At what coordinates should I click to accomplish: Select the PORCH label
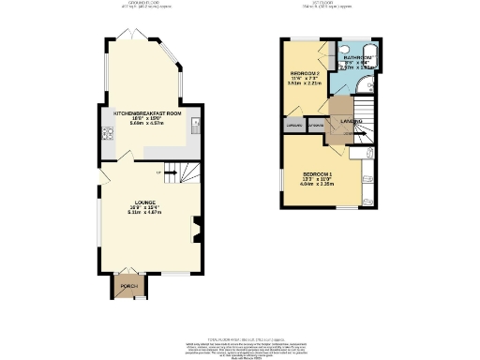[x=123, y=283]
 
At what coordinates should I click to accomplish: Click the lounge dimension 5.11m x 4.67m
[x=146, y=213]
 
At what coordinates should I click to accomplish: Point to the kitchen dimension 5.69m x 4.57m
[x=147, y=123]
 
